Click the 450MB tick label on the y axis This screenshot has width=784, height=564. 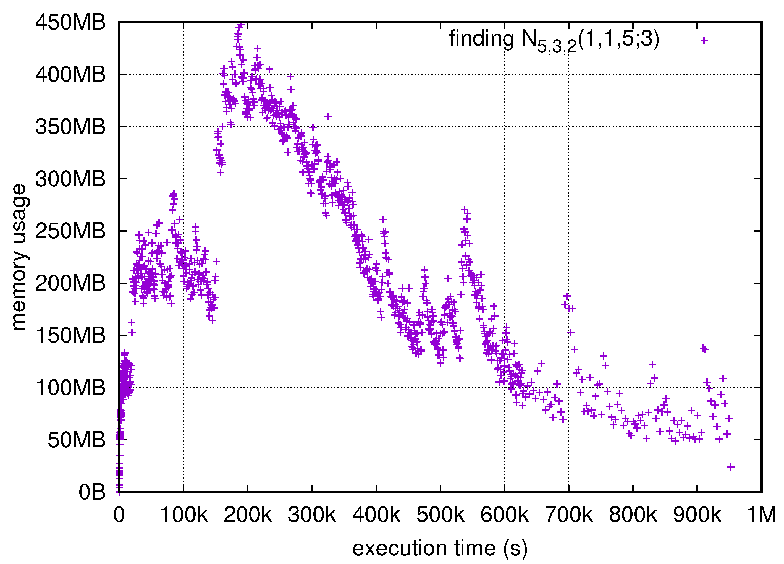click(x=70, y=23)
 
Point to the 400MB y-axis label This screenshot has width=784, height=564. click(x=70, y=75)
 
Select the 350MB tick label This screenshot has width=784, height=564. click(x=70, y=127)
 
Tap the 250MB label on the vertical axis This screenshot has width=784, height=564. click(x=70, y=231)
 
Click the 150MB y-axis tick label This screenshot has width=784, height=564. click(x=70, y=335)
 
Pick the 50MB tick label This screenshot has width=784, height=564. click(x=76, y=440)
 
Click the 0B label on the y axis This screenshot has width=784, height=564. click(x=91, y=492)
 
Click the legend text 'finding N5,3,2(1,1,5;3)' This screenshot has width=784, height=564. click(x=554, y=40)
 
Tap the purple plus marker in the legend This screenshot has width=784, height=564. click(x=704, y=40)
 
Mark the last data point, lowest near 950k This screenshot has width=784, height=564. click(x=730, y=467)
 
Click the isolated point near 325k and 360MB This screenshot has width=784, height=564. click(x=328, y=117)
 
